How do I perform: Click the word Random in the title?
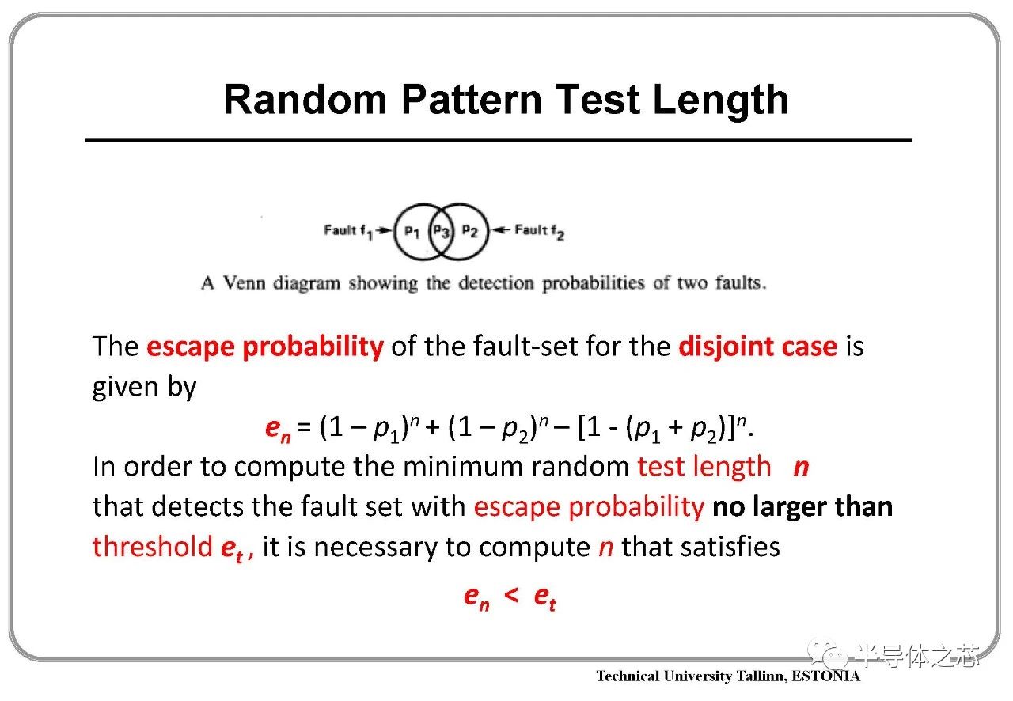click(x=305, y=100)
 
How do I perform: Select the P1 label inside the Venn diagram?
click(x=412, y=232)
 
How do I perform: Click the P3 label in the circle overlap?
click(x=441, y=232)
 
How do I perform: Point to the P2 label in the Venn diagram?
click(x=470, y=232)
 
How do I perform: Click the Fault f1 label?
click(x=348, y=232)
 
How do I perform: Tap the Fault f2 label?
click(x=540, y=232)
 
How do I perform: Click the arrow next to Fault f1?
click(x=385, y=230)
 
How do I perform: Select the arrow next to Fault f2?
click(x=501, y=230)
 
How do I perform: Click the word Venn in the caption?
click(x=245, y=283)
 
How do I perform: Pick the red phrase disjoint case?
click(x=758, y=347)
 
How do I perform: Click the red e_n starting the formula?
click(x=278, y=429)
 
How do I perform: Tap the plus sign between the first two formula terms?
click(x=433, y=427)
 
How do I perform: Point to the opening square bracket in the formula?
click(x=582, y=427)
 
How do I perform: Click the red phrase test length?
click(x=704, y=468)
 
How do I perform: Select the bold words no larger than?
click(x=802, y=507)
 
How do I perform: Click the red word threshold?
click(x=153, y=547)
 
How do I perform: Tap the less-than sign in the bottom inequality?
click(x=511, y=595)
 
